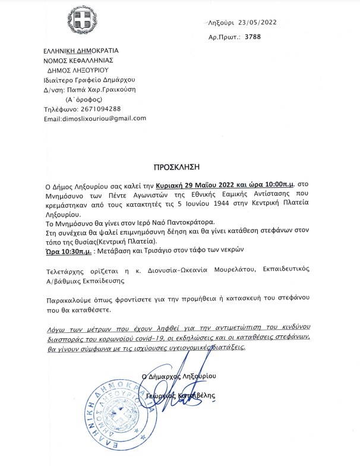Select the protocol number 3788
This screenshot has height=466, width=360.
click(x=252, y=37)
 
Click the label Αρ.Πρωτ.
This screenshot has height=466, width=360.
click(x=225, y=37)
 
